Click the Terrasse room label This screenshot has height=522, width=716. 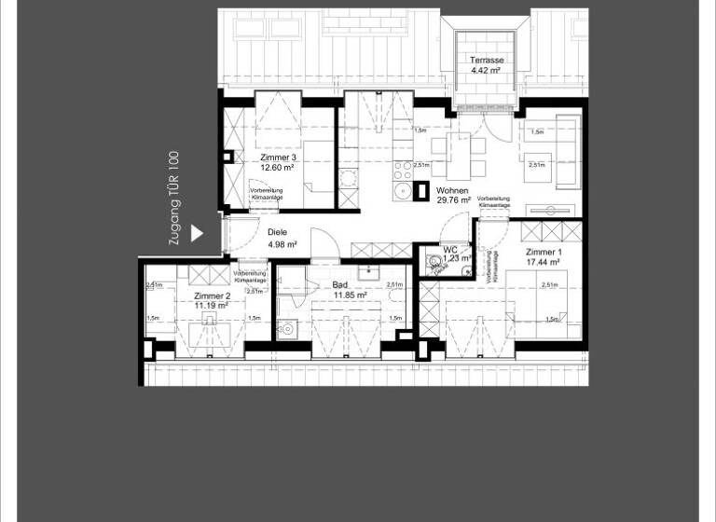click(487, 60)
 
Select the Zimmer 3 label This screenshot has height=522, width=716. click(279, 158)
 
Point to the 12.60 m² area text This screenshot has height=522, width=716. click(279, 169)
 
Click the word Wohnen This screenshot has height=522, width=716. click(452, 190)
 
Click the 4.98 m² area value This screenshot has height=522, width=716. click(282, 244)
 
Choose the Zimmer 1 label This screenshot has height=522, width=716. click(544, 253)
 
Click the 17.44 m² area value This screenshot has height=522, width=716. click(544, 264)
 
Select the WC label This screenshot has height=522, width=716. click(450, 250)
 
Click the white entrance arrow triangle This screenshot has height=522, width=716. click(196, 233)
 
